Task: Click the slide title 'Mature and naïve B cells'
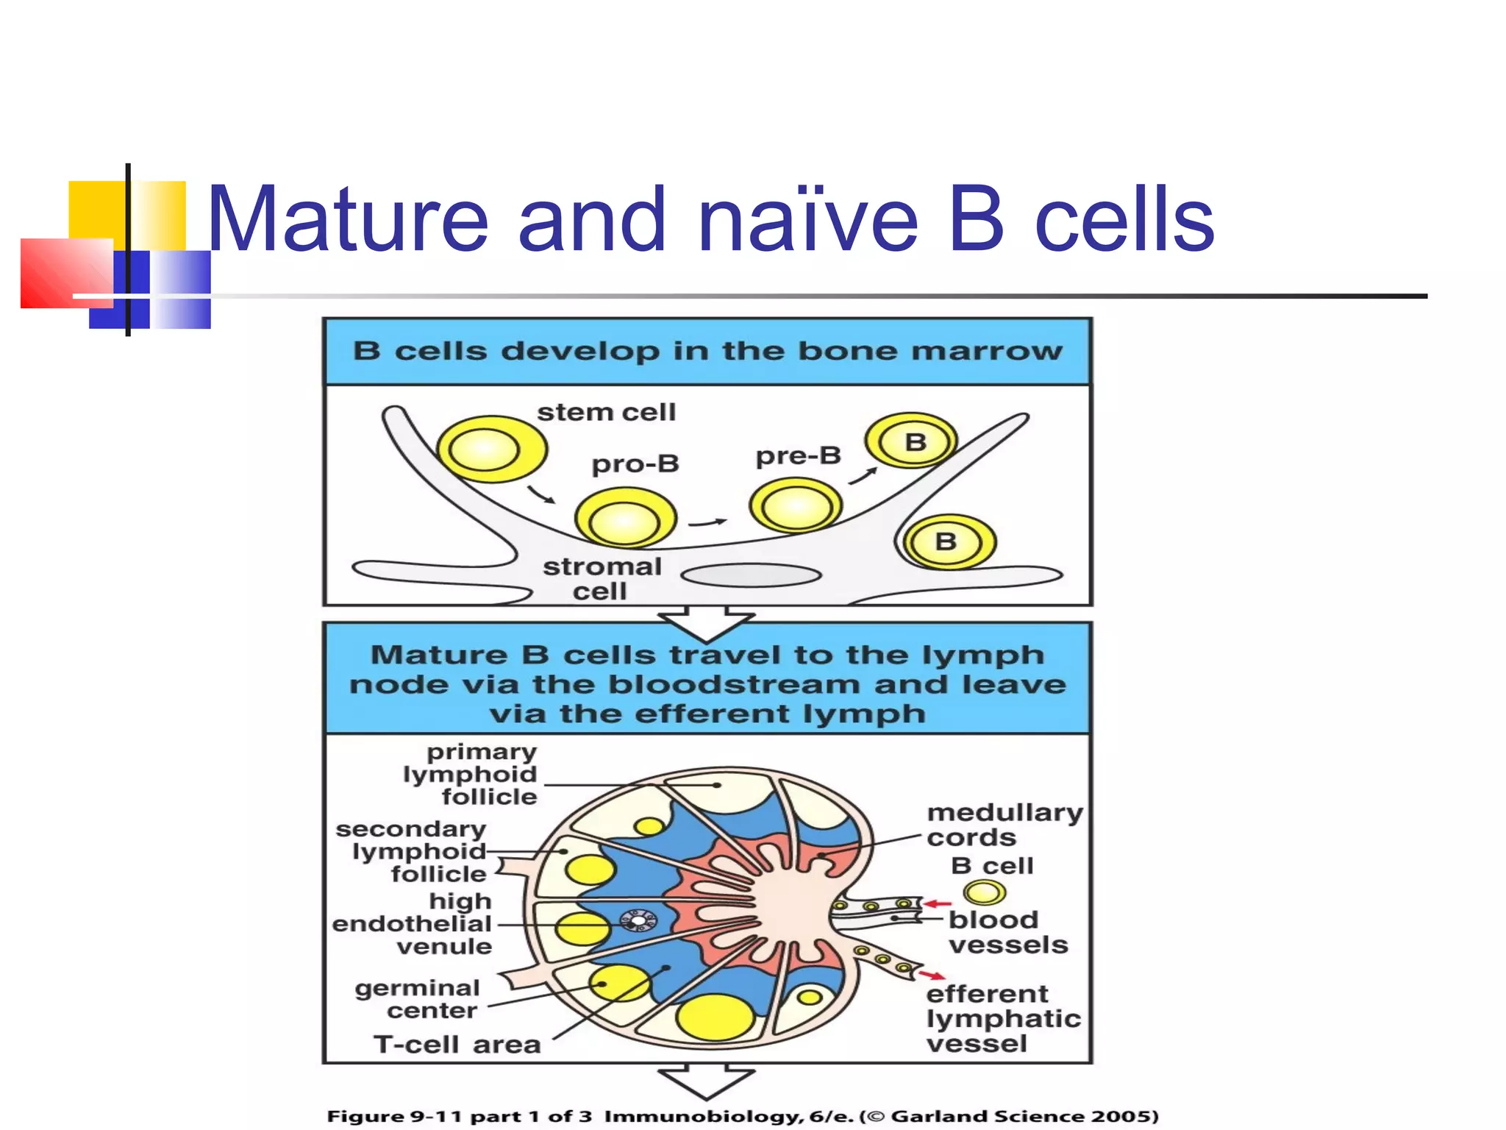(710, 219)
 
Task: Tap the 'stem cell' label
(606, 412)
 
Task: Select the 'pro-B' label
(635, 463)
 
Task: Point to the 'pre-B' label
(798, 455)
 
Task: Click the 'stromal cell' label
(602, 578)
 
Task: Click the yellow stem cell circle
(490, 449)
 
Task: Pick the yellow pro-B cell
(625, 519)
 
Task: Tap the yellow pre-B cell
(796, 505)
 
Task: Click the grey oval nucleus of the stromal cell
(752, 575)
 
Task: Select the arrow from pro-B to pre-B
(707, 523)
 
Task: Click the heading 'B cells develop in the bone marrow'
(707, 351)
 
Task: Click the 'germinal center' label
(418, 999)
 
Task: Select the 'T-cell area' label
(457, 1044)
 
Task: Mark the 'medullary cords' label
(1004, 825)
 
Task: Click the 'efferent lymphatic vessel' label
(1003, 1019)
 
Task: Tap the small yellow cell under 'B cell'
(985, 893)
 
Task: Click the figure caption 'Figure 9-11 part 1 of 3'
(459, 1116)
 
